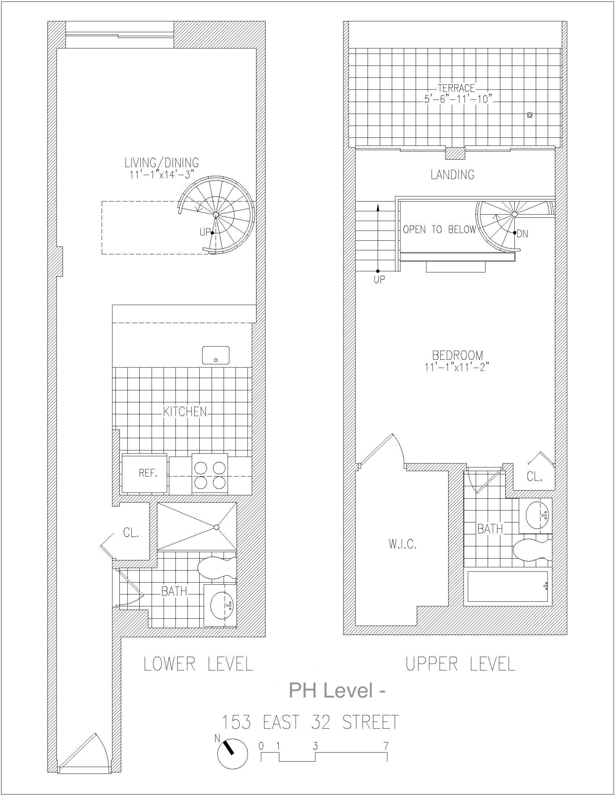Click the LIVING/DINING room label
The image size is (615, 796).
point(161,163)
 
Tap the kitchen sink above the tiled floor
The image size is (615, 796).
point(216,355)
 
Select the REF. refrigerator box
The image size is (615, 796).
point(144,474)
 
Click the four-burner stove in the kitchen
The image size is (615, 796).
point(210,475)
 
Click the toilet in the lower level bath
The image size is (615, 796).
point(217,568)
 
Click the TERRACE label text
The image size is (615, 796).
point(456,88)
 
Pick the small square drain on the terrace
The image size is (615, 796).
point(530,115)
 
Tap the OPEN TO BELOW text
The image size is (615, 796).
point(439,230)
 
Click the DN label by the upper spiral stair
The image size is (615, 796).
point(523,234)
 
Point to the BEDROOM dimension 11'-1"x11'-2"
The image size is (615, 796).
point(457,367)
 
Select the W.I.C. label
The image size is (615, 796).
point(402,545)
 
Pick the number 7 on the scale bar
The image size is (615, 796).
point(386,746)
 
